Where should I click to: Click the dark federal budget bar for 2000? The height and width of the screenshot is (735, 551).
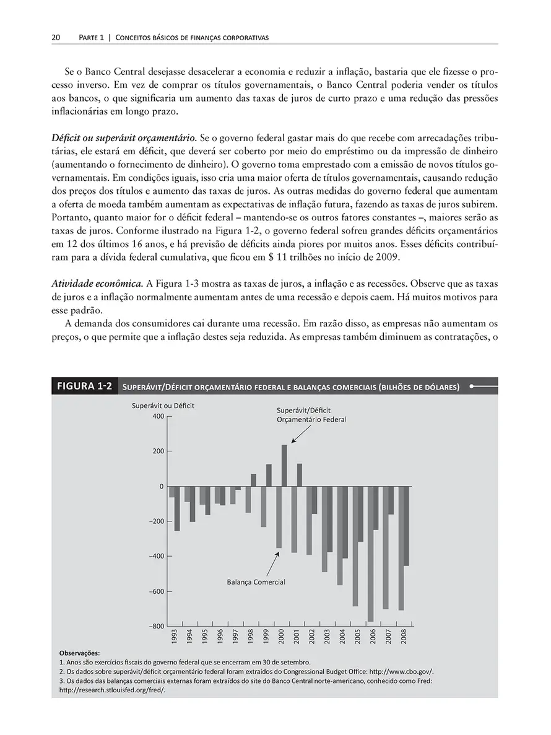coord(284,465)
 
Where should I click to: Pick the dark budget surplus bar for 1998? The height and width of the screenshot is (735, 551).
coord(253,480)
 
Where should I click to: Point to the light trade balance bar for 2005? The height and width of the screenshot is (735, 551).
coord(355,546)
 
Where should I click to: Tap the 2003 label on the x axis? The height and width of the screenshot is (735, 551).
coord(328,637)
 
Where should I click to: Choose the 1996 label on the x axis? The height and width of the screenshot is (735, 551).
coord(220,637)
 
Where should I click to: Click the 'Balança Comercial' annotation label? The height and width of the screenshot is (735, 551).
coord(255,581)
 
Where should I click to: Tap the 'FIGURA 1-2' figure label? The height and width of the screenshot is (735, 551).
coord(84,386)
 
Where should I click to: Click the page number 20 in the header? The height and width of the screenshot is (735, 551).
coord(55,38)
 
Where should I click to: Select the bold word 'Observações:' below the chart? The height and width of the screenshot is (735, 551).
coord(79,653)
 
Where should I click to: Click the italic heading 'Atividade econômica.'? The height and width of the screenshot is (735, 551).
coord(97,284)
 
